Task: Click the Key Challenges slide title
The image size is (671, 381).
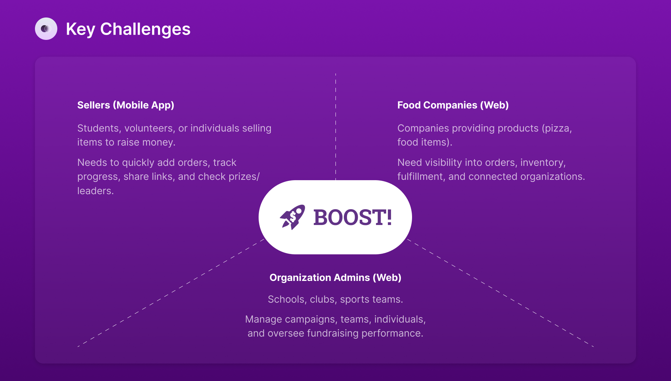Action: pos(128,29)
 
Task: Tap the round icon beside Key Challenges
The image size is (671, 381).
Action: pos(46,29)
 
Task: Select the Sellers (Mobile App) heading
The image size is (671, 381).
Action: pos(126,105)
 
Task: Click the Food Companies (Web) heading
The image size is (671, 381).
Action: pos(453,105)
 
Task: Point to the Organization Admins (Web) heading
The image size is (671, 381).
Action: pos(335,277)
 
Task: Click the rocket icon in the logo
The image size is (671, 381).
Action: pos(293,217)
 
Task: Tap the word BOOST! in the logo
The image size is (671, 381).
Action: pos(353,217)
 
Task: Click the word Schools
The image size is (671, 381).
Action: pos(286,299)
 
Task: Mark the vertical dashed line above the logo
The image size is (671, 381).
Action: pos(336,127)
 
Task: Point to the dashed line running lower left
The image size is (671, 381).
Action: pos(171,293)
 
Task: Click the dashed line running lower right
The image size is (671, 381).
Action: pos(501,293)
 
